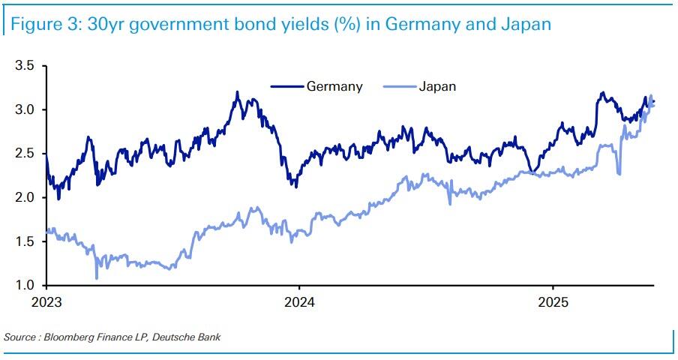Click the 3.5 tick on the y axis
pos(25,66)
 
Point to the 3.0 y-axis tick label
pos(25,110)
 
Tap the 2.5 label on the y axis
pos(25,154)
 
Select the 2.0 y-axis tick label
pos(25,197)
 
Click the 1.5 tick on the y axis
pos(25,241)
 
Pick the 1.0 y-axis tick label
pos(25,286)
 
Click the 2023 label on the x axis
pos(46,304)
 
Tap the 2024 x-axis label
pos(299,304)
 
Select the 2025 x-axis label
pos(553,304)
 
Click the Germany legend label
pos(334,86)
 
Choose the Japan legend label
pos(436,86)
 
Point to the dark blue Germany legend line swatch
pos(287,86)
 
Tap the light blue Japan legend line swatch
pos(400,86)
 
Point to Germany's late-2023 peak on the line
pos(237,93)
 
